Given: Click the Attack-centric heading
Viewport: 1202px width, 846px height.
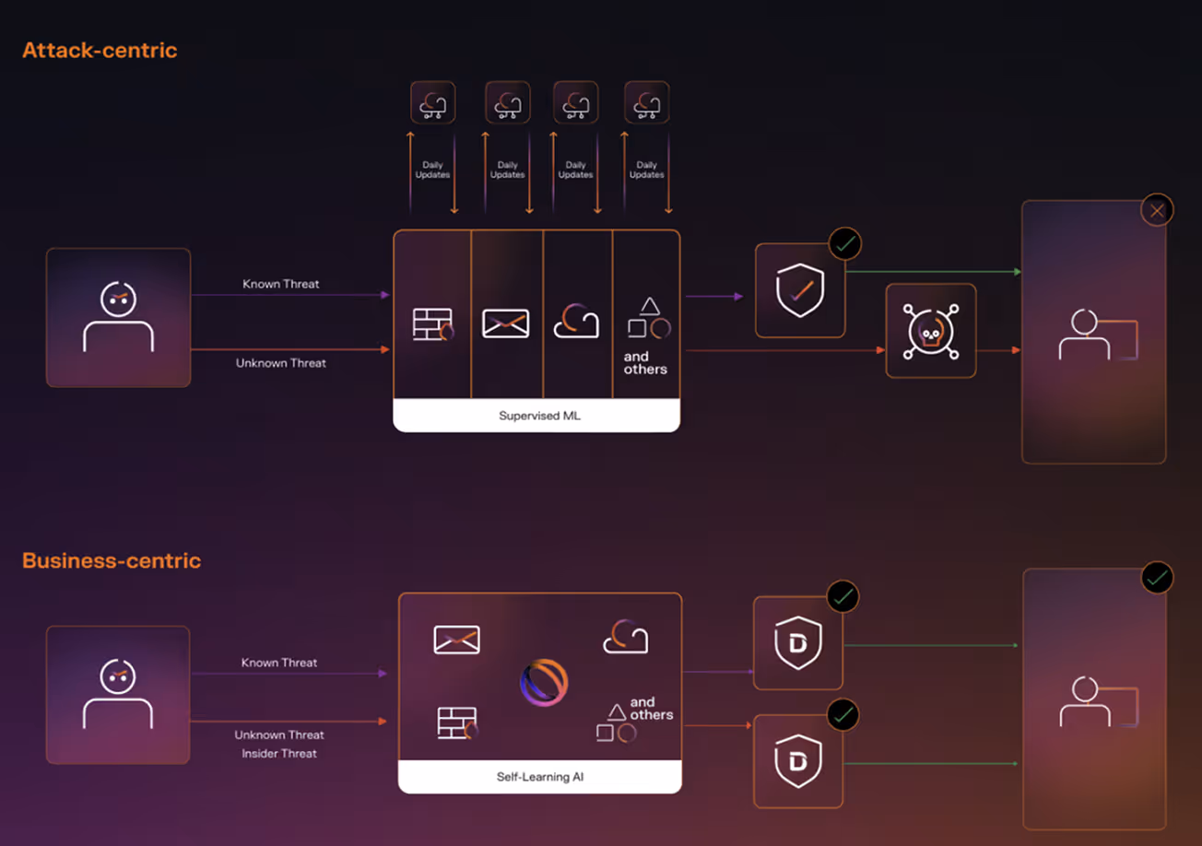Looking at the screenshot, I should tap(100, 51).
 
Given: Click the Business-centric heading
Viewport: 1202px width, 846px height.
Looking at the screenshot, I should tap(112, 560).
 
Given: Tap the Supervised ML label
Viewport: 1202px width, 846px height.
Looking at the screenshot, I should tap(539, 416).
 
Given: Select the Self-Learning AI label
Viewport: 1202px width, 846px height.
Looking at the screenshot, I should tap(539, 777).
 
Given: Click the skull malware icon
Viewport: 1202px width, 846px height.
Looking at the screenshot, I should tap(930, 331).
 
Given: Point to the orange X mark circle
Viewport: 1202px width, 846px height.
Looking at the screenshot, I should tap(1156, 211).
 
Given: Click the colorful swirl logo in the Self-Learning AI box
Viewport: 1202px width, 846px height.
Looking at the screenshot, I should tap(543, 683).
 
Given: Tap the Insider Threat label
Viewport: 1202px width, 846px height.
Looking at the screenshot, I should tap(279, 754).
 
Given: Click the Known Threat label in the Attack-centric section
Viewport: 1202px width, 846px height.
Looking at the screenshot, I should tap(281, 284).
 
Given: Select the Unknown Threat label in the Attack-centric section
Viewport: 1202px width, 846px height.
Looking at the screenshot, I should tap(281, 363).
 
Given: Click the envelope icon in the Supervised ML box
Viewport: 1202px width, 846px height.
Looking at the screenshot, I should tap(506, 323).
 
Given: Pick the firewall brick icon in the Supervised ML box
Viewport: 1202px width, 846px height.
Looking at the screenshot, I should tap(432, 324).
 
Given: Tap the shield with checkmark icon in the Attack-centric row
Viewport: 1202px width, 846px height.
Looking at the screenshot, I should tap(799, 291).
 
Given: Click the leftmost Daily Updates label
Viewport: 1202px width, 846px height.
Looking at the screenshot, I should tap(432, 170).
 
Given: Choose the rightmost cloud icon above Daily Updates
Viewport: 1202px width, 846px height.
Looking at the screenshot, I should tap(646, 102).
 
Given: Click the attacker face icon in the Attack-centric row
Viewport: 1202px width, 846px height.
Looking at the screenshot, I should tap(118, 317).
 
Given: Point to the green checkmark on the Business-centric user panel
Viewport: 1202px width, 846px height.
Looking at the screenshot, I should tap(1157, 578).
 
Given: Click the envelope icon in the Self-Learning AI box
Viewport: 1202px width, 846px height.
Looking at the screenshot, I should tap(456, 640).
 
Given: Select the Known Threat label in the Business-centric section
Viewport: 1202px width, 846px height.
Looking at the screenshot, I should tap(279, 663).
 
